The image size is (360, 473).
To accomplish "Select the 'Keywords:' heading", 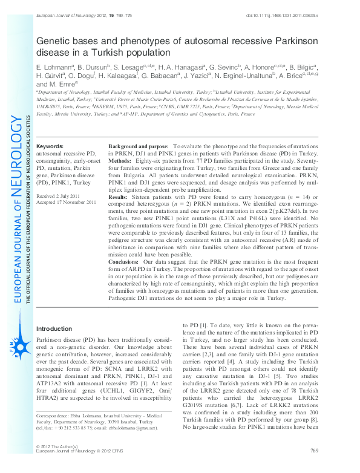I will click(50, 147).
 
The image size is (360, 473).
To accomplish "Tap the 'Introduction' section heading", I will click(54, 328).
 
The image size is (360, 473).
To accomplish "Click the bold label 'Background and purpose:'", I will click(139, 147).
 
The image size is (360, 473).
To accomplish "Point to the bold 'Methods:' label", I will click(119, 162).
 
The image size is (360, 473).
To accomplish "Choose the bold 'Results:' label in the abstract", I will click(118, 197).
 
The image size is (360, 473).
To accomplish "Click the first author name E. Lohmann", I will click(54, 65).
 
